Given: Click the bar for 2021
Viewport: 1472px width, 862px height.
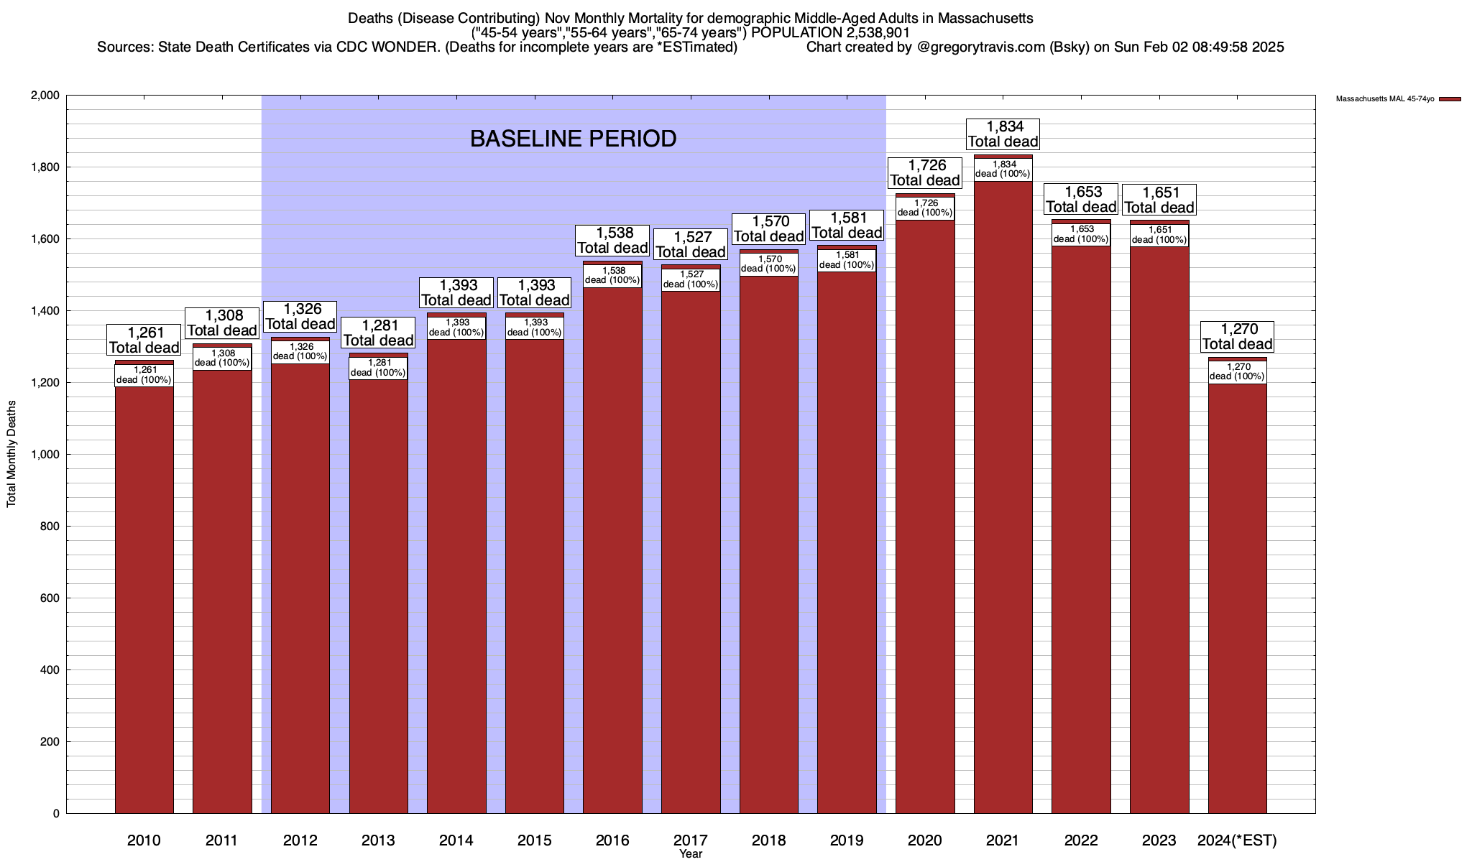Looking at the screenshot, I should click(x=1003, y=503).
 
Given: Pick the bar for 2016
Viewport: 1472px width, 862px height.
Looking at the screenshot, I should click(x=612, y=553).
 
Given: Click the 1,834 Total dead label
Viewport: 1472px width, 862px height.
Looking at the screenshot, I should click(x=1003, y=134).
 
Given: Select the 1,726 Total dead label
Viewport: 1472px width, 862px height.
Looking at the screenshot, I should click(x=925, y=173).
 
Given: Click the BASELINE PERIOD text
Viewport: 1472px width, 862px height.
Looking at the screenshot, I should click(x=573, y=139).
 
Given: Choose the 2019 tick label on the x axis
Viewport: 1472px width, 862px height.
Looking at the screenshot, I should click(x=847, y=840).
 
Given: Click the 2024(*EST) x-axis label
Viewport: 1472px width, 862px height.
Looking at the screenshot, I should click(x=1237, y=840).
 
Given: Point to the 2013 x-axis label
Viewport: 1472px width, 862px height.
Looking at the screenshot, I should click(x=378, y=840).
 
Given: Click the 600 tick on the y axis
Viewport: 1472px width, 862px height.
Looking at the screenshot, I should click(x=50, y=598).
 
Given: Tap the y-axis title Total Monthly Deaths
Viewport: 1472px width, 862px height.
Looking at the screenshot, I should click(x=11, y=454).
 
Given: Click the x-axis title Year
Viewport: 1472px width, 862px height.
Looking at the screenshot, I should click(x=691, y=854).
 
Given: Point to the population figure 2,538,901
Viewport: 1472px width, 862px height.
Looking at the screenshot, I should click(x=869, y=33).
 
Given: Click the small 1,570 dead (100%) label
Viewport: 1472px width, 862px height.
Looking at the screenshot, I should click(x=768, y=264).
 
